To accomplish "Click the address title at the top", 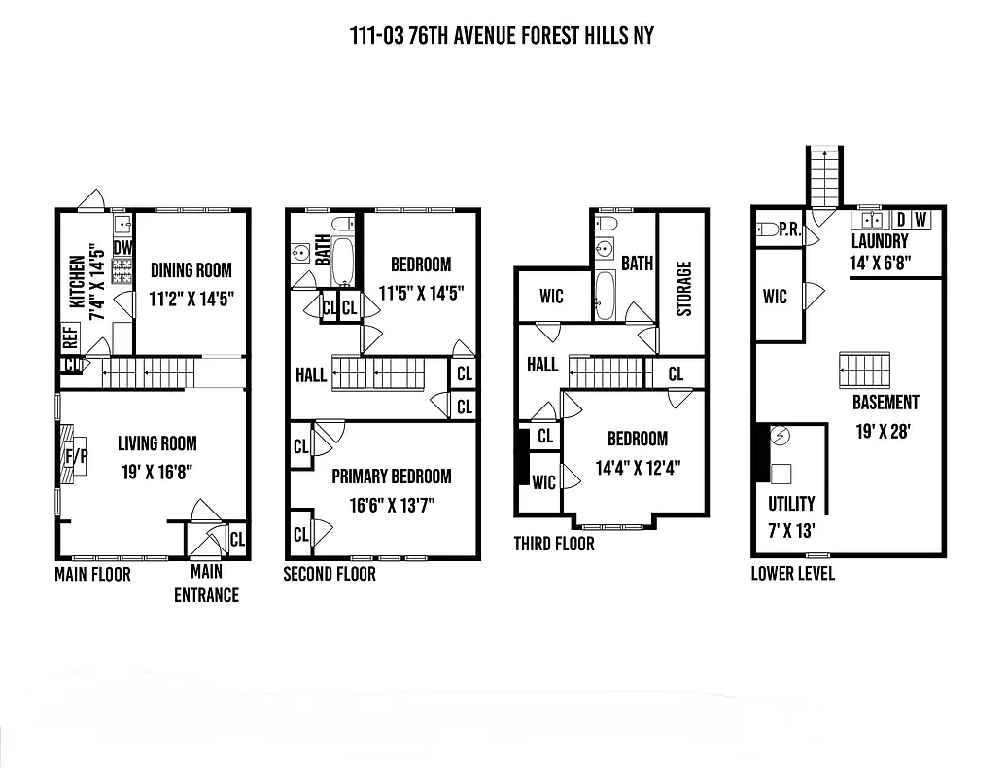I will [x=502, y=36].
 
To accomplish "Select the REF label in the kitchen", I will [x=70, y=337].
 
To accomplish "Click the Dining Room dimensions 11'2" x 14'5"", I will [x=191, y=299].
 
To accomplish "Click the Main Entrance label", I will [x=206, y=583].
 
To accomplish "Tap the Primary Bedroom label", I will [x=391, y=476].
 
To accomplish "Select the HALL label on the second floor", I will [x=311, y=374].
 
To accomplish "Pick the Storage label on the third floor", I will [x=683, y=288].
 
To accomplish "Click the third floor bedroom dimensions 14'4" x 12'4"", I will [x=638, y=467].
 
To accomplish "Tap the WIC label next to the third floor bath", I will [x=551, y=296].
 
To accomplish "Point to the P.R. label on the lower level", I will [x=789, y=230].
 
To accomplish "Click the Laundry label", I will [x=880, y=241].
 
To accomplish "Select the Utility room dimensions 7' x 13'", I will [x=791, y=532].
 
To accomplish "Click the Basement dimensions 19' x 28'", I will [x=885, y=431].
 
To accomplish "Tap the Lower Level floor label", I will [x=792, y=573].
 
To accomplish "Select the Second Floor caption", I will [x=329, y=574].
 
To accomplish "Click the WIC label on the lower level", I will [x=775, y=297].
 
